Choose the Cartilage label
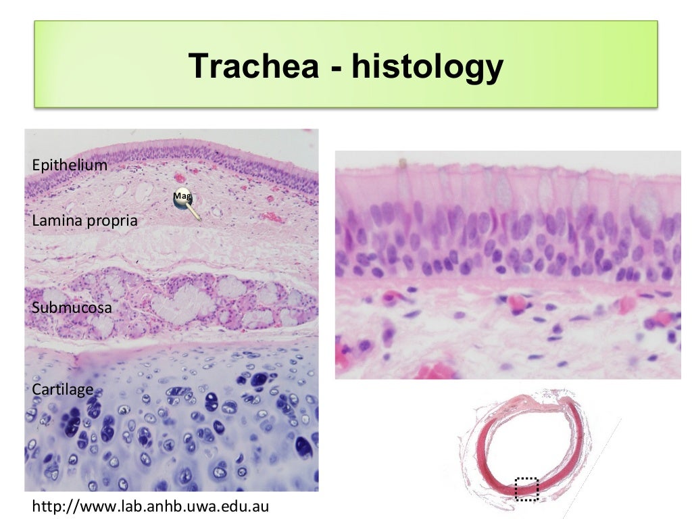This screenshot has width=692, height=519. pos(62,390)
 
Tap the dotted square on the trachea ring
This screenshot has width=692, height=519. pos(526,489)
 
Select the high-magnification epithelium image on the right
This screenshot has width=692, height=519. pos(508,264)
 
